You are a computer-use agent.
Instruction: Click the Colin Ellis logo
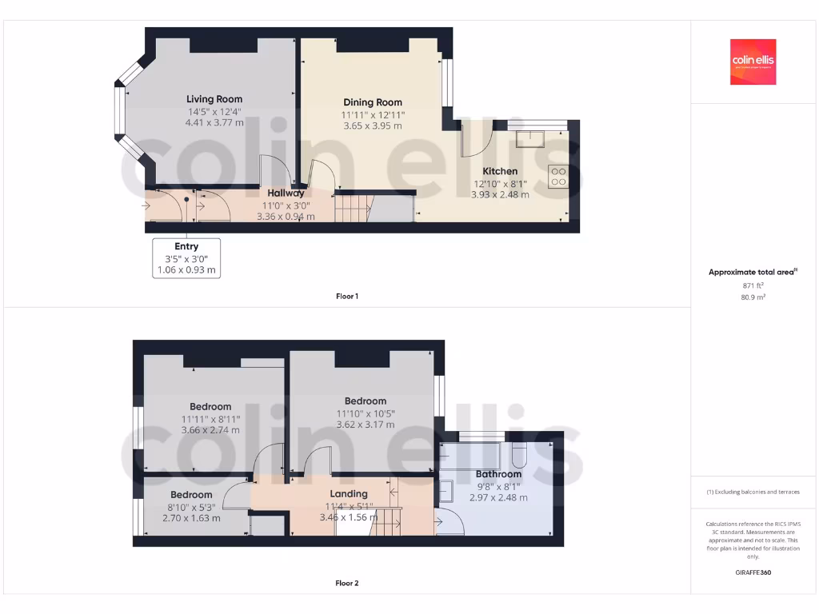(753, 62)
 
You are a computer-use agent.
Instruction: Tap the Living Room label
(214, 99)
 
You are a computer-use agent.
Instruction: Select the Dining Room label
(373, 102)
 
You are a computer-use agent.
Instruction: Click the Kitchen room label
(500, 171)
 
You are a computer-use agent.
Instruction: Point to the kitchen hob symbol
(557, 176)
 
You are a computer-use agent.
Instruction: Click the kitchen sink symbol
(529, 140)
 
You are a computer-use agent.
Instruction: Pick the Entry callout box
(186, 257)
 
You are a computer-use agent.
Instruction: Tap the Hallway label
(286, 193)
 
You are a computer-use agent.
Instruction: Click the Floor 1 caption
(347, 297)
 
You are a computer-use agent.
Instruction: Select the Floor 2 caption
(347, 583)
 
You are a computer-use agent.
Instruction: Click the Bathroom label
(498, 474)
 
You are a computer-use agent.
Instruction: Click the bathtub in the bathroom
(470, 457)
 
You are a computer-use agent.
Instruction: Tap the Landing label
(349, 493)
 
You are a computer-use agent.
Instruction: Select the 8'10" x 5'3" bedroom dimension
(191, 506)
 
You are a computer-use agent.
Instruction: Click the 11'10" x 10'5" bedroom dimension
(366, 413)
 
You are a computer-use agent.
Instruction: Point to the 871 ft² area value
(753, 285)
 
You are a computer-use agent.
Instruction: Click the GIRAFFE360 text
(753, 572)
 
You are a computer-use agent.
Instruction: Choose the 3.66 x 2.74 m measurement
(210, 430)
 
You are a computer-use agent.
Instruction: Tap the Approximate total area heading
(752, 273)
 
